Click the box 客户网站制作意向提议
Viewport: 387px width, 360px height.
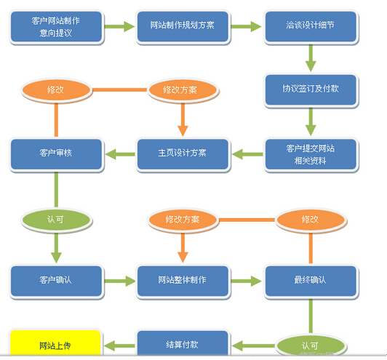(x=56, y=26)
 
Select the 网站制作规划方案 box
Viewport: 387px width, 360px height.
(x=183, y=26)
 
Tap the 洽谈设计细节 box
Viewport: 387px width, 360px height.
(x=310, y=26)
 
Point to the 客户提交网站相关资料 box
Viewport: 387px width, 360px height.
(x=310, y=153)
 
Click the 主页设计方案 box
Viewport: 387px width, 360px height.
(x=183, y=153)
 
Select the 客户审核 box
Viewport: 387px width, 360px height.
(x=56, y=153)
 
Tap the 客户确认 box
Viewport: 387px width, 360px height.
(x=56, y=280)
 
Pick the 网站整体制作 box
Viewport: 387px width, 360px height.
(x=183, y=280)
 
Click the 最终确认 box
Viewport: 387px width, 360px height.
(x=310, y=280)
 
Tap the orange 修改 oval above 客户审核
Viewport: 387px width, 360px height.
(x=56, y=90)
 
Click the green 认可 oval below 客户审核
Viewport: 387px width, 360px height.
(x=56, y=218)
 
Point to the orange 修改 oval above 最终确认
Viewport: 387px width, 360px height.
(x=310, y=218)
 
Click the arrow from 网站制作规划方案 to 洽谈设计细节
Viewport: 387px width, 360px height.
(x=246, y=26)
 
